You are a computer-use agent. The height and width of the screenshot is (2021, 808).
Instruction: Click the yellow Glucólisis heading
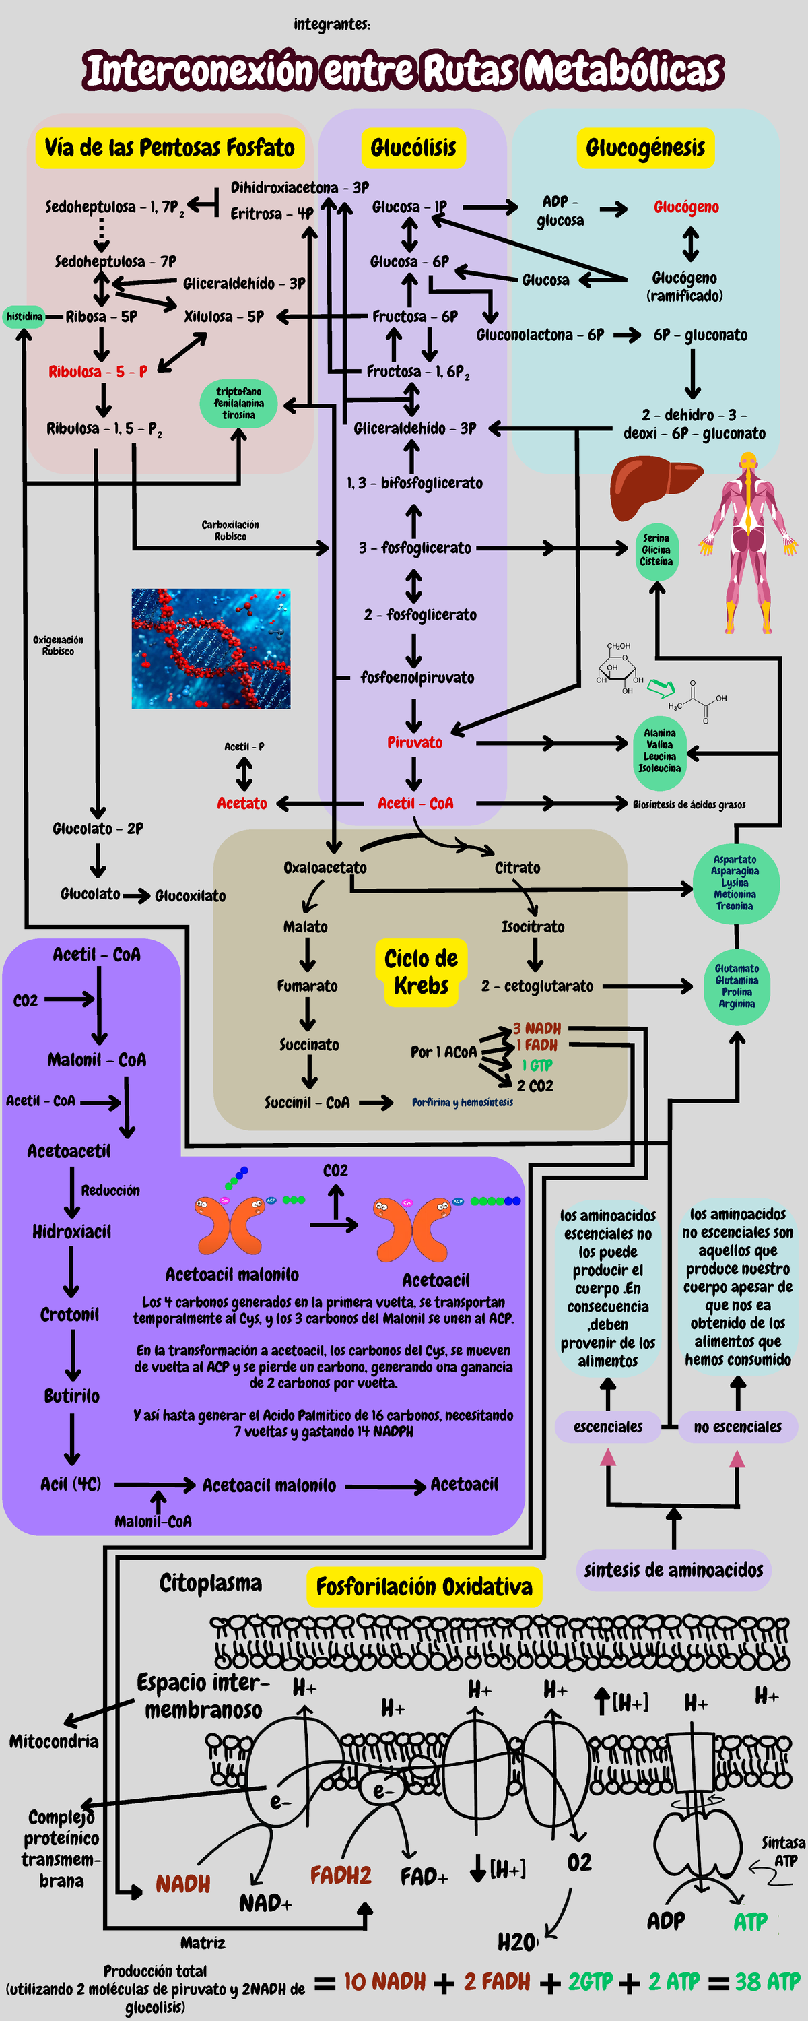[x=413, y=148]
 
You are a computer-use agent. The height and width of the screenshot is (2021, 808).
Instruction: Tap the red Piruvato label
[x=414, y=742]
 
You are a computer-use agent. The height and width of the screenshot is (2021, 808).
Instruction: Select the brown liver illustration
[x=655, y=486]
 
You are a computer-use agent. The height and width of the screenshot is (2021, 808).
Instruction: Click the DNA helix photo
[x=211, y=649]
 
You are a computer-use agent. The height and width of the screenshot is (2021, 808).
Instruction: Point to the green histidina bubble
[x=24, y=316]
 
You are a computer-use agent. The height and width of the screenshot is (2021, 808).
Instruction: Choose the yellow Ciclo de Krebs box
[x=422, y=972]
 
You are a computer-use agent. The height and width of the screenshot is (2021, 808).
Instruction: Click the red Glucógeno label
[x=686, y=207]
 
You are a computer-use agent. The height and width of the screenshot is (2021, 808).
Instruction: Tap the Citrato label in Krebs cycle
[x=517, y=868]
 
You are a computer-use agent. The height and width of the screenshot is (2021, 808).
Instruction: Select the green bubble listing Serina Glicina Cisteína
[x=656, y=550]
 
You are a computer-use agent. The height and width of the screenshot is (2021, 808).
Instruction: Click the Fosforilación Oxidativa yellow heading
[x=424, y=1586]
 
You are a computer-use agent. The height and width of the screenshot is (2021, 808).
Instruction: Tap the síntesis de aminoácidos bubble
[x=673, y=1569]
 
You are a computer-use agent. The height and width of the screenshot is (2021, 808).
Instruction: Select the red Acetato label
[x=242, y=804]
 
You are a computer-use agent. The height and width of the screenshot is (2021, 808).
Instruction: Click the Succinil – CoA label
[x=307, y=1102]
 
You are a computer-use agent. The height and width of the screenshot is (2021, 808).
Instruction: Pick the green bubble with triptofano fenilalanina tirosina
[x=238, y=404]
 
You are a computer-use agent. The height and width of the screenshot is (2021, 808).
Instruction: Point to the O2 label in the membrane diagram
[x=579, y=1863]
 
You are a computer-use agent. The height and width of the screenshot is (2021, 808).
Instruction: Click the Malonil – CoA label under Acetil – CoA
[x=96, y=1060]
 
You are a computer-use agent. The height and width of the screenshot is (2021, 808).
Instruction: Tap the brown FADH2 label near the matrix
[x=341, y=1876]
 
